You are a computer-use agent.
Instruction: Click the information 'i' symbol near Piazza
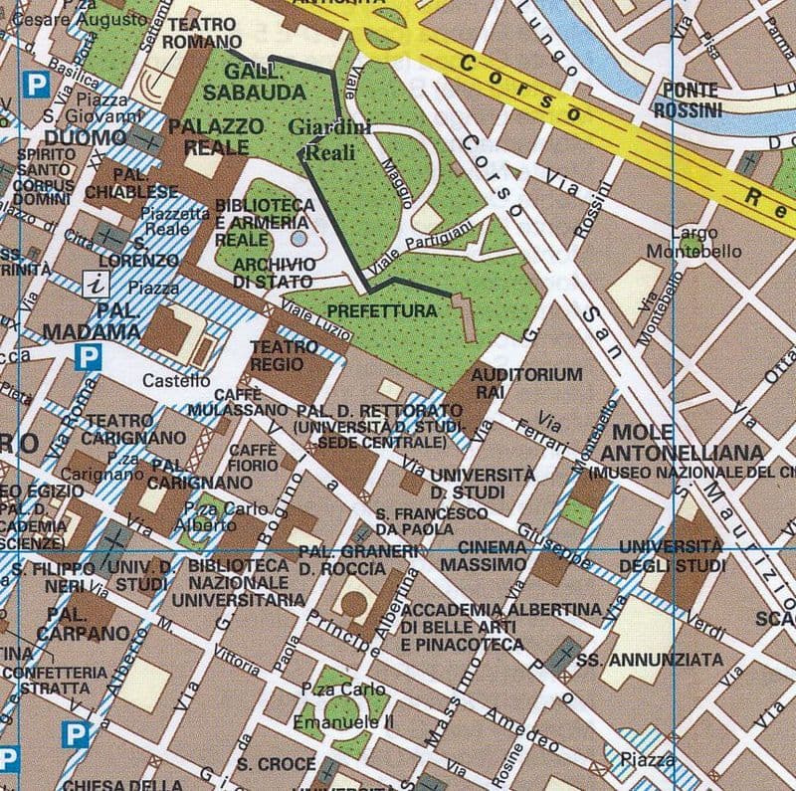click(97, 285)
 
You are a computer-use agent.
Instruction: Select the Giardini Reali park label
click(329, 139)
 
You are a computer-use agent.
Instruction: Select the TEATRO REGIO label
click(282, 356)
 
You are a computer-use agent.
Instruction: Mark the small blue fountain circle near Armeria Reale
click(299, 239)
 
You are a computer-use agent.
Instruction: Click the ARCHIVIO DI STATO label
click(275, 273)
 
